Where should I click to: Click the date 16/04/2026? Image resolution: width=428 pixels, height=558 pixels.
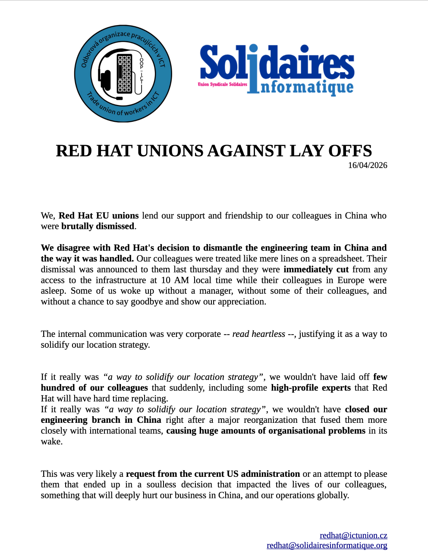pyautogui.click(x=368, y=165)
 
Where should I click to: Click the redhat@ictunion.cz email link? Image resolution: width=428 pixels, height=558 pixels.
pyautogui.click(x=353, y=536)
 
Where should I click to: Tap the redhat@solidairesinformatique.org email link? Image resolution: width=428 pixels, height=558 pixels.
pyautogui.click(x=327, y=545)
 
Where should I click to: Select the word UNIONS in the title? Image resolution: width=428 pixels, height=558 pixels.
pyautogui.click(x=172, y=151)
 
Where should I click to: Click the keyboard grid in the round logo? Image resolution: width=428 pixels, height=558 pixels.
pyautogui.click(x=124, y=74)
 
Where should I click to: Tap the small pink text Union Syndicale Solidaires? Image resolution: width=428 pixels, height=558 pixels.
pyautogui.click(x=222, y=84)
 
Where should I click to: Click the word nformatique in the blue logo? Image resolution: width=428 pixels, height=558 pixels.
pyautogui.click(x=307, y=87)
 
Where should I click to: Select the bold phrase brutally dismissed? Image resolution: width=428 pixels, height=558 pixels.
pyautogui.click(x=98, y=226)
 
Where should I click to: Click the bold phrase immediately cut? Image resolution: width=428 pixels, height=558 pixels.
pyautogui.click(x=316, y=269)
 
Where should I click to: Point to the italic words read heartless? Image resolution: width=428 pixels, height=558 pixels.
pyautogui.click(x=258, y=334)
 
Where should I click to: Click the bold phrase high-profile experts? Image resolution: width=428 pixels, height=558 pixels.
pyautogui.click(x=311, y=388)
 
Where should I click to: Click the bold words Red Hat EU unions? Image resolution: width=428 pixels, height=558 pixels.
pyautogui.click(x=98, y=216)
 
